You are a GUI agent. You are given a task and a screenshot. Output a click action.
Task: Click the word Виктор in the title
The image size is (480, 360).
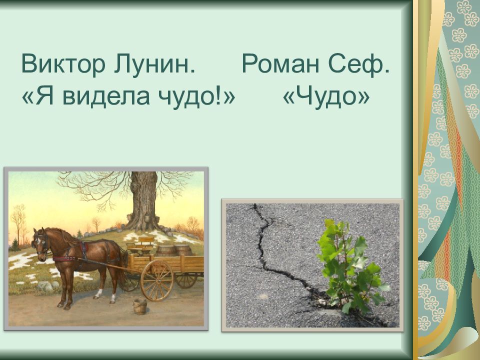[63, 63]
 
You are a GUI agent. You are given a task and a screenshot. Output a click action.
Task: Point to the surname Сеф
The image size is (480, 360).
[359, 63]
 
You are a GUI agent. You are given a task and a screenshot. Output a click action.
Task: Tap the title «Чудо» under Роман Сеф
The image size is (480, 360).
[326, 96]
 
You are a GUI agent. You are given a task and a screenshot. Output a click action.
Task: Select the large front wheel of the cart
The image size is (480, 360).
[156, 280]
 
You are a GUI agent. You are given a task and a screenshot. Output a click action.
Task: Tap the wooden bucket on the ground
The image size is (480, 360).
[139, 306]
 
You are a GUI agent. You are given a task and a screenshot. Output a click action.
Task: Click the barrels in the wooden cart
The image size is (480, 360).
[174, 250]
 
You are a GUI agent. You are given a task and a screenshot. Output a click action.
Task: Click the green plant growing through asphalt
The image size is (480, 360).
[352, 267]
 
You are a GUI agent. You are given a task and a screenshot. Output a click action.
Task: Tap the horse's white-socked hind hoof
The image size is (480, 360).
[112, 299]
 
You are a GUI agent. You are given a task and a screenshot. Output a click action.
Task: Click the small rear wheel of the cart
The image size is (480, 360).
[186, 280]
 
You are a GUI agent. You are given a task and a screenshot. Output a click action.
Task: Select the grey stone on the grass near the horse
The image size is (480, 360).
[45, 286]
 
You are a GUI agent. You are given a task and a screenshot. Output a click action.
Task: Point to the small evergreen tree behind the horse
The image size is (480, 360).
[14, 245]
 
